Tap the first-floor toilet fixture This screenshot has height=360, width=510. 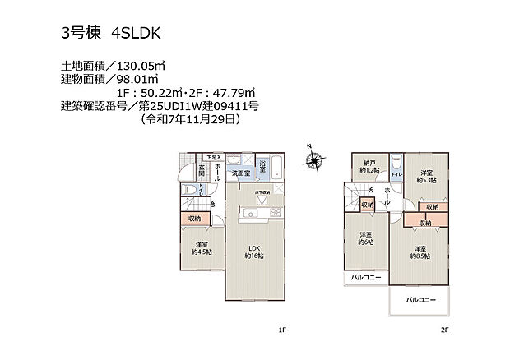tap(192, 192)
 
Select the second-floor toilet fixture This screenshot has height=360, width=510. tap(395, 164)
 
